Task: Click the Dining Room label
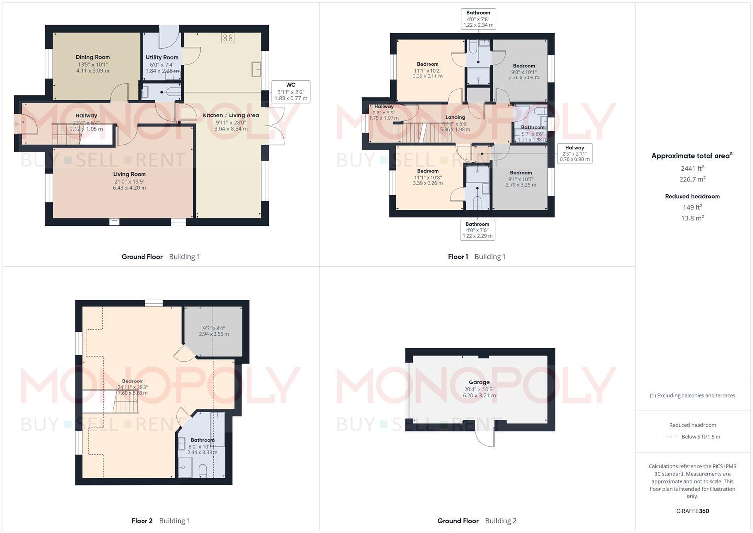93,57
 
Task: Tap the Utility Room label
162,58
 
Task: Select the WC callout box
290,92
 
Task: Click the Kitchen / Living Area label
231,115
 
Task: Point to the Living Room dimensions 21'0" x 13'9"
129,181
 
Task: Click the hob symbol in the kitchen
227,38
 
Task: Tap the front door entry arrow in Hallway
16,124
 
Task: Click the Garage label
479,382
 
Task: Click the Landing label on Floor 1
455,117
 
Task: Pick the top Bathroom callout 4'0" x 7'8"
478,19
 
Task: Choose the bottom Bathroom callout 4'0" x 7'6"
477,230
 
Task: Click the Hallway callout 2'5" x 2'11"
574,153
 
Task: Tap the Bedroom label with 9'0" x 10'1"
524,66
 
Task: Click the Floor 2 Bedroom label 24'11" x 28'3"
133,381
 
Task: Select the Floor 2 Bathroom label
202,440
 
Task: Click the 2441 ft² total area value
692,168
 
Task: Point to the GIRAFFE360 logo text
692,511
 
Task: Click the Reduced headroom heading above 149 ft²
692,196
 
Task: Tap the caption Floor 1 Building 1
476,257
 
